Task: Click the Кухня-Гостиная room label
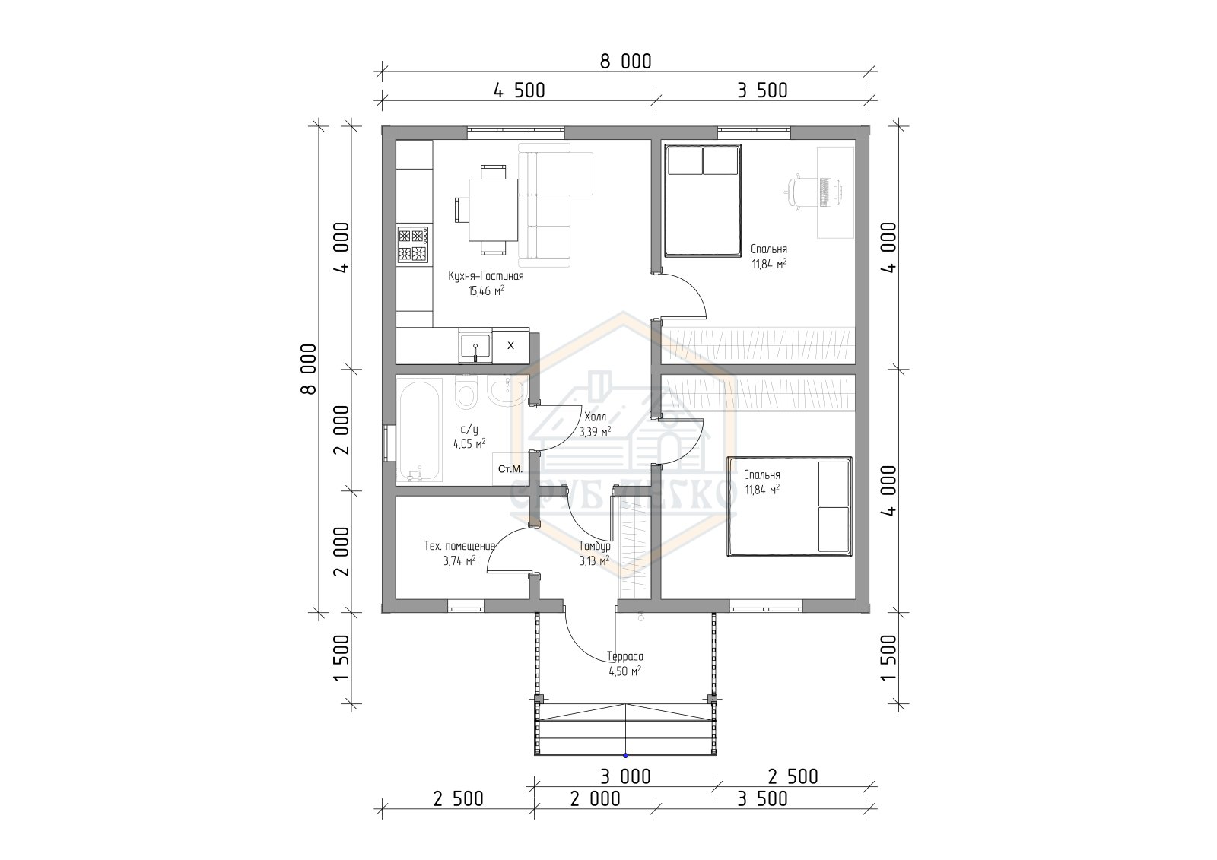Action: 486,276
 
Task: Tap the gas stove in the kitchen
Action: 414,245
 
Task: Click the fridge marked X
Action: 510,345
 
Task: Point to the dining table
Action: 494,210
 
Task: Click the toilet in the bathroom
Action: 466,393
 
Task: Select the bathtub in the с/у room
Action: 419,430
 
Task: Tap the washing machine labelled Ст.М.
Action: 510,468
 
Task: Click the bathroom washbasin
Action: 507,391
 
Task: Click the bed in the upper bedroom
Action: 703,201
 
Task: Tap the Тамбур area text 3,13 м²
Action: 594,560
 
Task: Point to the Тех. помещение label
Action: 459,546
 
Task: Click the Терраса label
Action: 625,658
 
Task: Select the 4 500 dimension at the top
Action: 519,90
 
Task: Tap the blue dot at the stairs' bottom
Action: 625,756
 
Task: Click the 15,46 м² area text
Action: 486,291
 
